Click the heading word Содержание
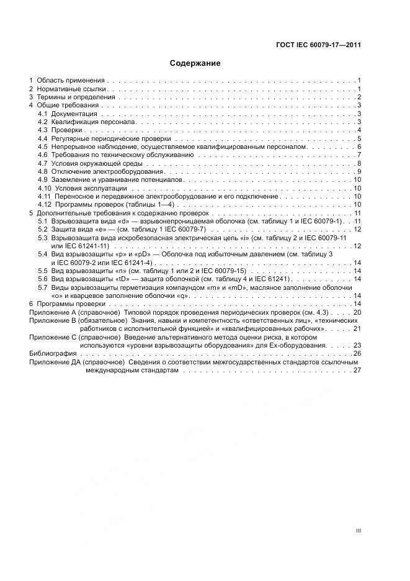[x=195, y=63]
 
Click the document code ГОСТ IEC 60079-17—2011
[x=318, y=45]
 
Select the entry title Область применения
[x=71, y=81]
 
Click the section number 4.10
[x=44, y=188]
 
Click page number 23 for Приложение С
[x=357, y=345]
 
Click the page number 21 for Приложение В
[x=357, y=328]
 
